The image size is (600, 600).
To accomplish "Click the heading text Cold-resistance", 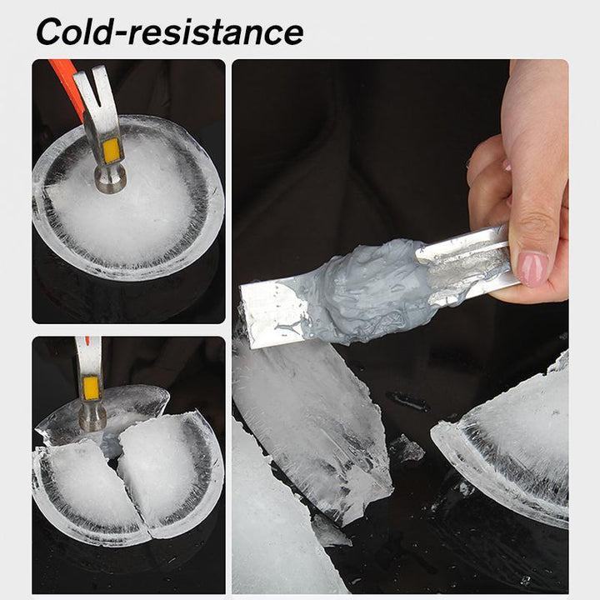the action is pyautogui.click(x=169, y=32).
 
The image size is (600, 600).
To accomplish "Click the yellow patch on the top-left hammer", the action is pyautogui.click(x=112, y=150).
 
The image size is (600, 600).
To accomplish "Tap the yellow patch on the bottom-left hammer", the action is pyautogui.click(x=91, y=388).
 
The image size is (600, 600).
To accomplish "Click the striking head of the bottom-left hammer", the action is pyautogui.click(x=92, y=418).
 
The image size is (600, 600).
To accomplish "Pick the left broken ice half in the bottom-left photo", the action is pyautogui.click(x=89, y=492).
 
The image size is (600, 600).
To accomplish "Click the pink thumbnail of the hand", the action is pyautogui.click(x=532, y=268).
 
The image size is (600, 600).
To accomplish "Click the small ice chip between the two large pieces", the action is pyautogui.click(x=407, y=448).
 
